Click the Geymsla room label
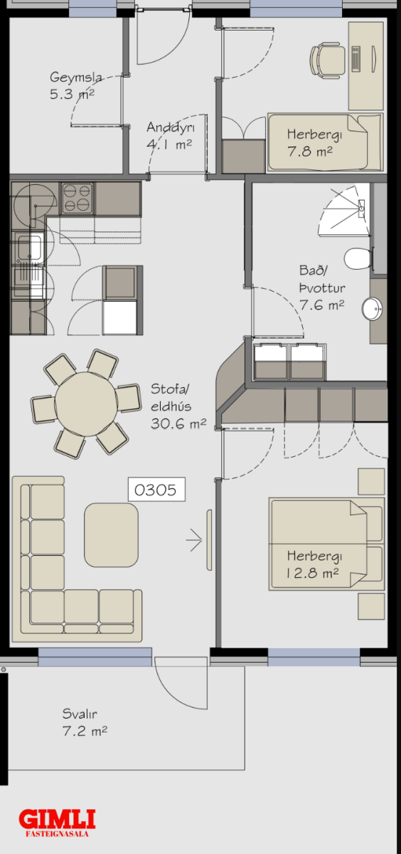click(76, 78)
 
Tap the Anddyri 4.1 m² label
click(170, 135)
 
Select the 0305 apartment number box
click(156, 489)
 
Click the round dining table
click(87, 404)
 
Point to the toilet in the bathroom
click(358, 258)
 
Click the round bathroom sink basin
click(372, 309)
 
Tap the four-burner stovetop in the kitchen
click(77, 199)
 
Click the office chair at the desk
click(328, 60)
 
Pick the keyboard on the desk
click(356, 58)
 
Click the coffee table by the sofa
click(111, 535)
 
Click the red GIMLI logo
click(57, 819)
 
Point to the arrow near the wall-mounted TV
click(194, 540)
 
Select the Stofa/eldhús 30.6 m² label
click(178, 406)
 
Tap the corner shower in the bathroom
click(345, 210)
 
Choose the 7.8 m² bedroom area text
click(309, 152)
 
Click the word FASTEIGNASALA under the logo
click(57, 834)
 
